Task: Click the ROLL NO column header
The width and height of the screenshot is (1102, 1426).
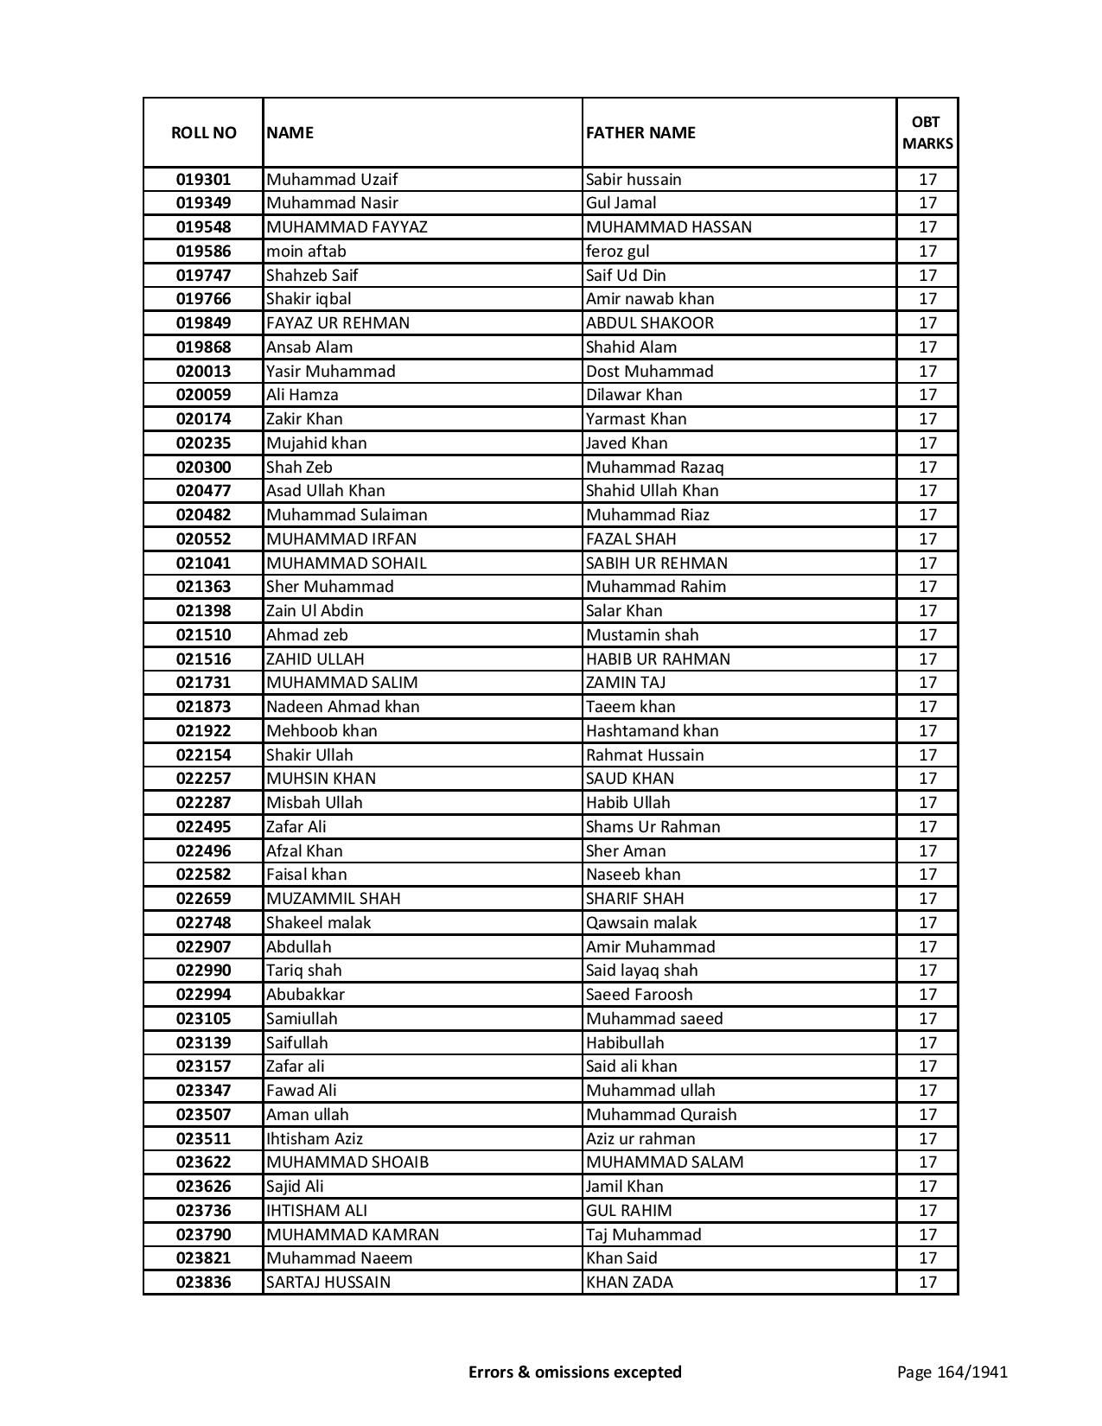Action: pos(203,132)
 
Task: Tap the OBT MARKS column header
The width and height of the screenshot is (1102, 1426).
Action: pos(927,132)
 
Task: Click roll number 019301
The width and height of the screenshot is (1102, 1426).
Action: pos(203,180)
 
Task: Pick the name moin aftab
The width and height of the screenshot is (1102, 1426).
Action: pos(306,251)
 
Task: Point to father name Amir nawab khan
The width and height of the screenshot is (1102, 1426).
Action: pos(650,299)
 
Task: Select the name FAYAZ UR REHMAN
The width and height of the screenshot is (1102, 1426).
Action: pos(338,323)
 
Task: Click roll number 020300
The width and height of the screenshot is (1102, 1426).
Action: pos(203,468)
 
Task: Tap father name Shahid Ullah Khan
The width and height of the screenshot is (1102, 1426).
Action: pos(652,491)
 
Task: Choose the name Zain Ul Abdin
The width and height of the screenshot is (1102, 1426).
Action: pos(315,611)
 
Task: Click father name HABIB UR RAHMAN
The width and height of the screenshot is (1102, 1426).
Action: pos(658,659)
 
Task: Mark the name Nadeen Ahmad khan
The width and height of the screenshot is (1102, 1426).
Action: pos(343,707)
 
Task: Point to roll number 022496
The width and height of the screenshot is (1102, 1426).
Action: pos(203,851)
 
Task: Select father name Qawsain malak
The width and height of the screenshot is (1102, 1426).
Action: pos(641,923)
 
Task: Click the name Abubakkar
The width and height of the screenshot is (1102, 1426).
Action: pos(305,995)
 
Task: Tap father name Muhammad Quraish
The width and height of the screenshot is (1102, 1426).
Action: pos(661,1115)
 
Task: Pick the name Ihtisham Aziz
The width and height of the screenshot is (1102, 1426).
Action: pos(315,1139)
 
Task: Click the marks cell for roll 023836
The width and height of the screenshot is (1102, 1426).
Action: pos(927,1283)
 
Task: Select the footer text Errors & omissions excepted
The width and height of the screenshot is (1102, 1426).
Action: pos(575,1372)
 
